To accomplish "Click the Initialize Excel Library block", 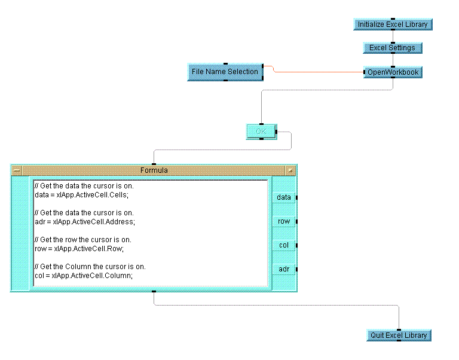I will tap(392, 25).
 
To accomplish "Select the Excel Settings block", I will tap(392, 48).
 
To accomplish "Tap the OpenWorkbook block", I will tap(393, 72).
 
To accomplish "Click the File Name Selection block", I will tap(225, 72).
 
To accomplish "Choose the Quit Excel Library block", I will tap(399, 335).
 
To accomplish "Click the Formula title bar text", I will tap(154, 170).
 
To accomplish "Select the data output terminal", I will tap(284, 197).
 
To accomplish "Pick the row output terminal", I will tap(284, 221).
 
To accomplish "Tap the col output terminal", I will tap(284, 245).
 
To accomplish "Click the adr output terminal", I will tap(284, 269).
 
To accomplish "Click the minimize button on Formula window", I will tap(17, 170).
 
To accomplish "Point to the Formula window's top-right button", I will tap(290, 170).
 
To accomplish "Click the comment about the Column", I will tap(90, 266).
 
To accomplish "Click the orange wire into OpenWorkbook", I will tap(317, 72).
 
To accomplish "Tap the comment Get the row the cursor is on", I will tap(84, 239).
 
